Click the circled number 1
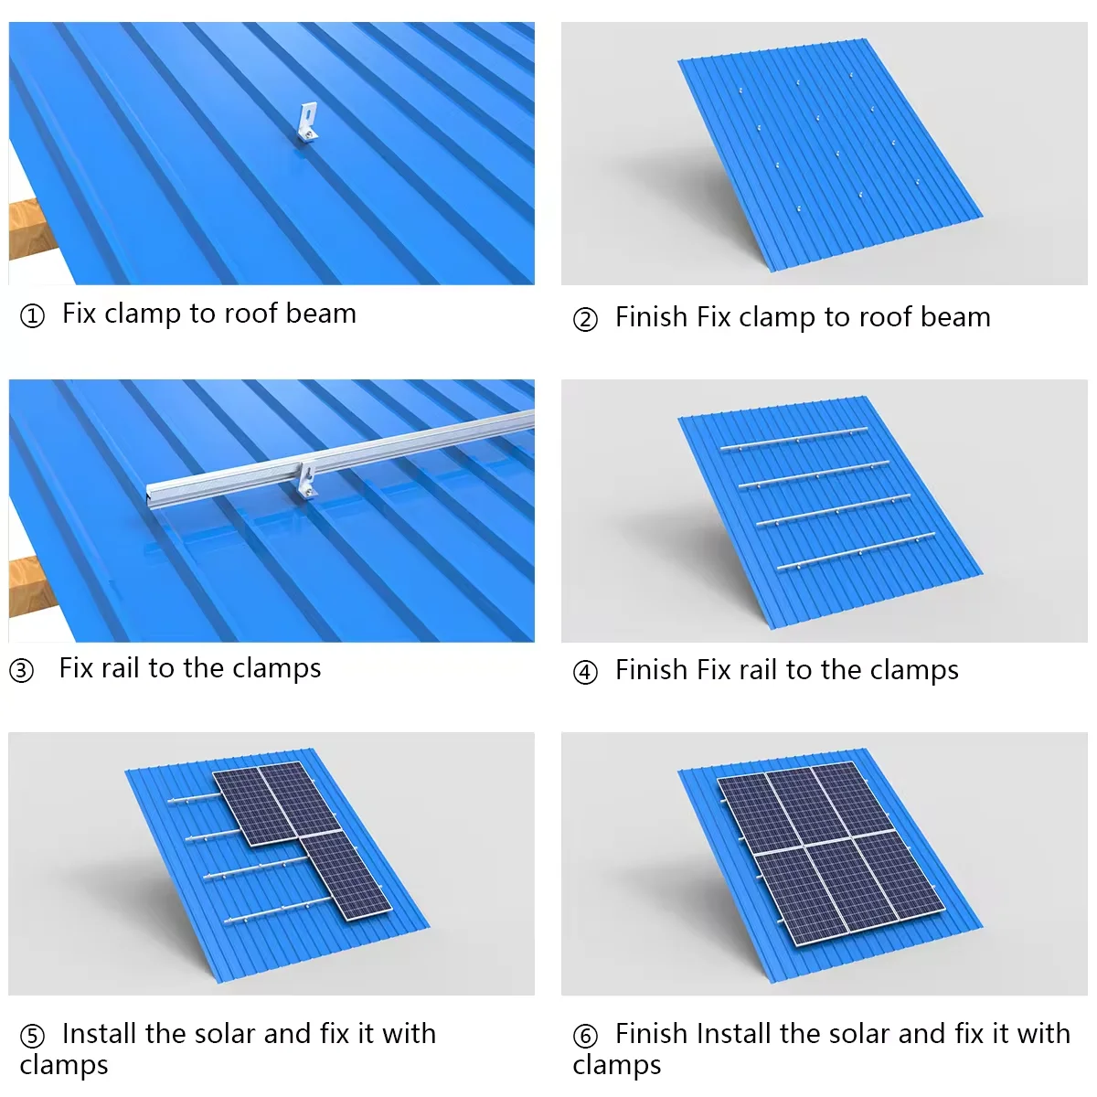click(x=32, y=316)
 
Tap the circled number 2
click(x=585, y=320)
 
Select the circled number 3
click(x=22, y=671)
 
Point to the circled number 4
click(x=585, y=673)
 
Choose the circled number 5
click(x=32, y=1037)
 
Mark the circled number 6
click(x=585, y=1037)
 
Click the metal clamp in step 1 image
click(x=308, y=124)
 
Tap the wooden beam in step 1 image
click(x=27, y=229)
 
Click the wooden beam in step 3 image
click(x=27, y=585)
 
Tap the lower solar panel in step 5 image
click(x=346, y=875)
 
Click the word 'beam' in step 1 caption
click(x=320, y=314)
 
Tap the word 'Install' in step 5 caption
click(x=100, y=1034)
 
